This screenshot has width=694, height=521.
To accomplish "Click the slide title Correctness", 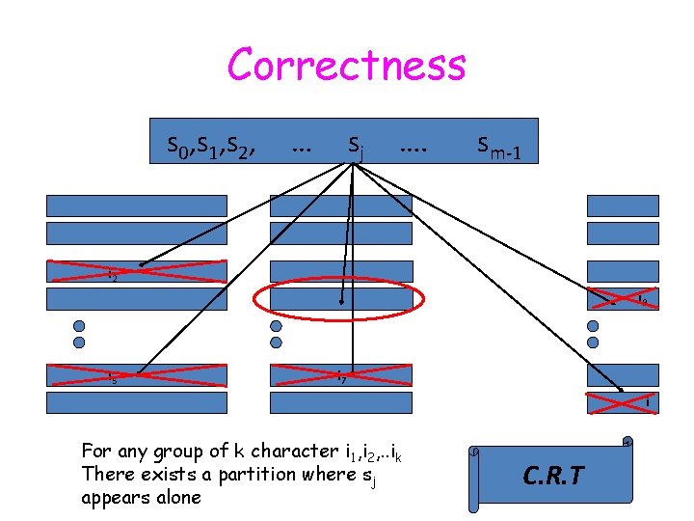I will pyautogui.click(x=346, y=66).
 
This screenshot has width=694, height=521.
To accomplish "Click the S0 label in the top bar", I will pyautogui.click(x=176, y=147).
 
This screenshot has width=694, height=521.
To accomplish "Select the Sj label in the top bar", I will pyautogui.click(x=356, y=147).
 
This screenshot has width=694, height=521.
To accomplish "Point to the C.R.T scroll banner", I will pyautogui.click(x=550, y=476).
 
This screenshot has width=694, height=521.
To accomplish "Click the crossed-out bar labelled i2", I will pyautogui.click(x=139, y=272).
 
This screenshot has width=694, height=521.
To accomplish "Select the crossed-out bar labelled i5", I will pyautogui.click(x=139, y=375).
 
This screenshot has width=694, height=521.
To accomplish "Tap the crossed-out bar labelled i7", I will pyautogui.click(x=341, y=375).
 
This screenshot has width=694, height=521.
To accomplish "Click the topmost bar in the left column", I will pyautogui.click(x=139, y=206).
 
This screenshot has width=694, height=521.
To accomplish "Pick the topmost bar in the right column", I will pyautogui.click(x=625, y=206).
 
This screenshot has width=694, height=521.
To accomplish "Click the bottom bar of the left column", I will pyautogui.click(x=139, y=402).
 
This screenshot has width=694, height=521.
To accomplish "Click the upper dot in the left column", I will pyautogui.click(x=79, y=325).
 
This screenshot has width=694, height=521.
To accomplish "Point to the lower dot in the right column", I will pyautogui.click(x=594, y=342).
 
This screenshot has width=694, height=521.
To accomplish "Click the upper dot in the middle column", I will pyautogui.click(x=277, y=325).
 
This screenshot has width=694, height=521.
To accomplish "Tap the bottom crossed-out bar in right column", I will pyautogui.click(x=625, y=402).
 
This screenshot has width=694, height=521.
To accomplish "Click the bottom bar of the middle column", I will pyautogui.click(x=341, y=402).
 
